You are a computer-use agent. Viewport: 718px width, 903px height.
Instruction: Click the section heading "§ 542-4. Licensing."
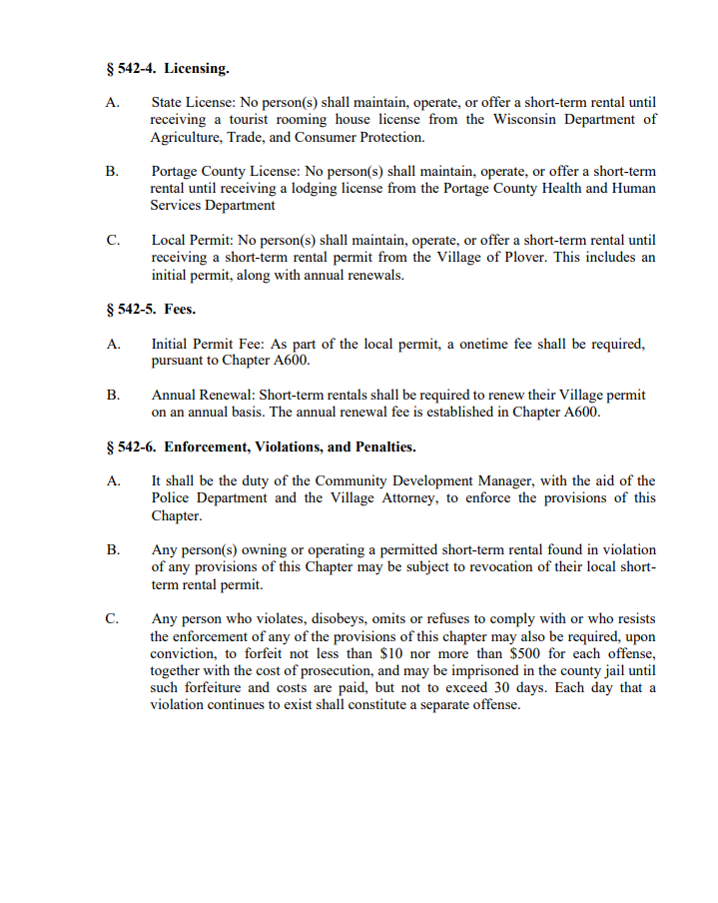[167, 69]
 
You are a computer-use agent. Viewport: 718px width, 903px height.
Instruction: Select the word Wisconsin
[518, 120]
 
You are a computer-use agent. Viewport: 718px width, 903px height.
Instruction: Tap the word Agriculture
[186, 137]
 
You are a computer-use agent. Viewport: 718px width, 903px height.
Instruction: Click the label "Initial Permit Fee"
[205, 344]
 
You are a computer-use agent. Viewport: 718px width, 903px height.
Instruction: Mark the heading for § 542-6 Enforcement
[261, 447]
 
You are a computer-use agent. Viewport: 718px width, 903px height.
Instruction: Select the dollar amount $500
[525, 653]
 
